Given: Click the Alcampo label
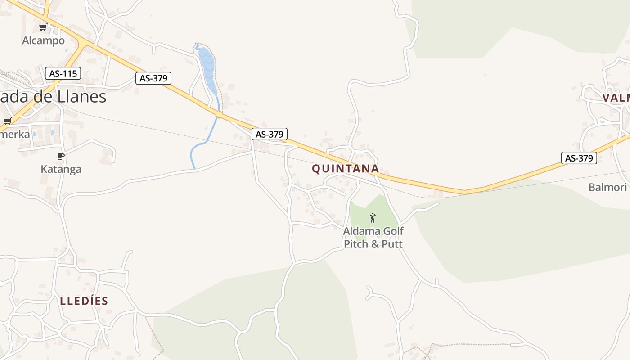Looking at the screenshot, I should click(x=43, y=40).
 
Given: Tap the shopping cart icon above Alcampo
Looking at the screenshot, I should click(x=43, y=27).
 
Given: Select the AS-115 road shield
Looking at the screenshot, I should click(x=63, y=73).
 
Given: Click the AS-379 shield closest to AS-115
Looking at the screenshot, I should click(x=153, y=78).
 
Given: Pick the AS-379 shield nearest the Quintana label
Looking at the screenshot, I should click(x=269, y=134).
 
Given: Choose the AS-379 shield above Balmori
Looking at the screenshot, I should click(x=579, y=158).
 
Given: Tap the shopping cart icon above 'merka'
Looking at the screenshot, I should click(x=7, y=121).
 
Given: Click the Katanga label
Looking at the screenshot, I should click(x=61, y=169).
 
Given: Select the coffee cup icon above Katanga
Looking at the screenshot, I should click(x=61, y=156).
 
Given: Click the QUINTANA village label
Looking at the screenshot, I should click(x=346, y=169).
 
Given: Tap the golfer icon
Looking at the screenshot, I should click(x=373, y=218).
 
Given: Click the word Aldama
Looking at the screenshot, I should click(x=361, y=231).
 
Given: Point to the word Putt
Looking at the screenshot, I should click(x=392, y=244).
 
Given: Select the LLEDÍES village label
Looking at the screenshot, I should click(x=84, y=301).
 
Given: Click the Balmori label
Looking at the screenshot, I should click(x=607, y=187).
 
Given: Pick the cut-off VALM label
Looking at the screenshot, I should click(x=616, y=98).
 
